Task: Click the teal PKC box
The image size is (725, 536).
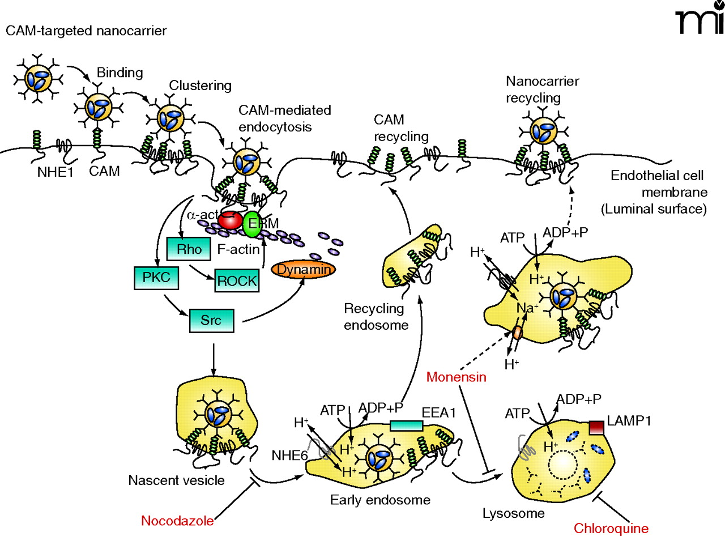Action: tap(152, 278)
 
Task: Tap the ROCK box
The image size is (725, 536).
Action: tap(237, 280)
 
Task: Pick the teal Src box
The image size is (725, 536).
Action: tap(211, 320)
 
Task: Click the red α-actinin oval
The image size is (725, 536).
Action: tap(231, 222)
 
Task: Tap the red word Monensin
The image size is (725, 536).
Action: tap(457, 377)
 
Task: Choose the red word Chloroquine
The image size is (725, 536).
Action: tap(611, 528)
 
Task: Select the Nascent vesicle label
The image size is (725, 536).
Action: tap(176, 480)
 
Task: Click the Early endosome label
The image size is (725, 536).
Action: tap(380, 500)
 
